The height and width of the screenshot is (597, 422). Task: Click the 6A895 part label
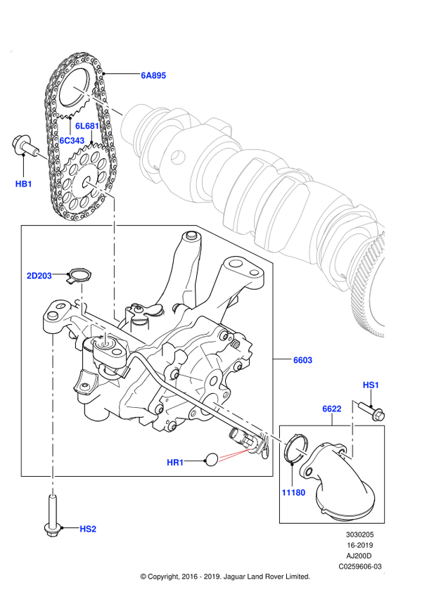(x=153, y=75)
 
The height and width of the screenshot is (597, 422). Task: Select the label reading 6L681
(x=87, y=126)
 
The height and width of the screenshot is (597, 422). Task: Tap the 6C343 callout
(x=72, y=141)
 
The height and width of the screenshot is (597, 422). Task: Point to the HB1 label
(x=23, y=184)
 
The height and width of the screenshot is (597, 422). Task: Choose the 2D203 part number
(x=39, y=276)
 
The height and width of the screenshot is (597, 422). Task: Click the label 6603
(x=302, y=360)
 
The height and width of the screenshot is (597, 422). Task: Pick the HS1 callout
(x=371, y=385)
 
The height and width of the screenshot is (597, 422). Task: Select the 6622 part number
(x=332, y=409)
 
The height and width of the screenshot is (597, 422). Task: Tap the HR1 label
(x=175, y=462)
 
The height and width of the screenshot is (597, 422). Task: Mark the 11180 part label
(x=293, y=492)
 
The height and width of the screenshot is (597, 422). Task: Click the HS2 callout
(x=88, y=529)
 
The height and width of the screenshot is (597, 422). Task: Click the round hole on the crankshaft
(x=178, y=158)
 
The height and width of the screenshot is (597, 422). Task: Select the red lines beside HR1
(x=235, y=455)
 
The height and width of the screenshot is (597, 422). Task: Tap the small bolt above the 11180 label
(x=302, y=451)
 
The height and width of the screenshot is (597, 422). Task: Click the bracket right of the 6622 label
(x=351, y=430)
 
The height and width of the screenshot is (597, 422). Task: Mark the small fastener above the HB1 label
(x=43, y=156)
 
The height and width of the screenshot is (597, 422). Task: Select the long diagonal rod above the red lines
(x=248, y=423)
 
